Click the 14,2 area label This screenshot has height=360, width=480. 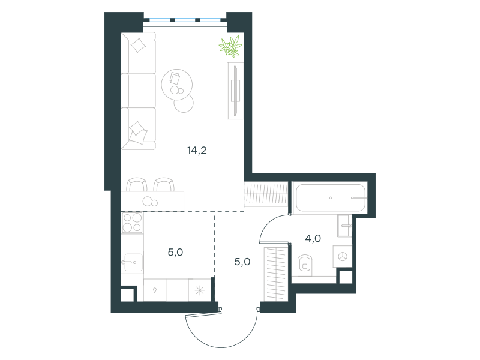[x=197, y=151]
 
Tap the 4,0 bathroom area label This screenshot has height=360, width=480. [x=313, y=238]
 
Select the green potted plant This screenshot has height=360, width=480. [x=230, y=47]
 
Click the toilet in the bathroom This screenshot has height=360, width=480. [x=305, y=265]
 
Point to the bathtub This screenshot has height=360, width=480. [x=329, y=198]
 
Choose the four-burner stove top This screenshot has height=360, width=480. [x=132, y=223]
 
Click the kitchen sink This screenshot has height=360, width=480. [x=132, y=262]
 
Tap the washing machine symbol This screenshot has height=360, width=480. [x=342, y=257]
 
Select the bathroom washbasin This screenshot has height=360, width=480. [x=344, y=226]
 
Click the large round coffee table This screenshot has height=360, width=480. [x=176, y=85]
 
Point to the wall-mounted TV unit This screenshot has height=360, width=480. [x=235, y=91]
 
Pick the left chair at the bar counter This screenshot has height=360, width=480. [x=137, y=185]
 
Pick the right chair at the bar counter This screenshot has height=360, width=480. [x=164, y=185]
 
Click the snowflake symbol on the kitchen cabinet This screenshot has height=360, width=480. [x=200, y=290]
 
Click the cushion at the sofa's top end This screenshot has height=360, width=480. [x=138, y=46]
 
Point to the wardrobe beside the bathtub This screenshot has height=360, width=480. [x=266, y=194]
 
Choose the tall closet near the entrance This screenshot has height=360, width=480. [x=276, y=275]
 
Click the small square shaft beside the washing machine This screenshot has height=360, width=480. [x=346, y=277]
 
